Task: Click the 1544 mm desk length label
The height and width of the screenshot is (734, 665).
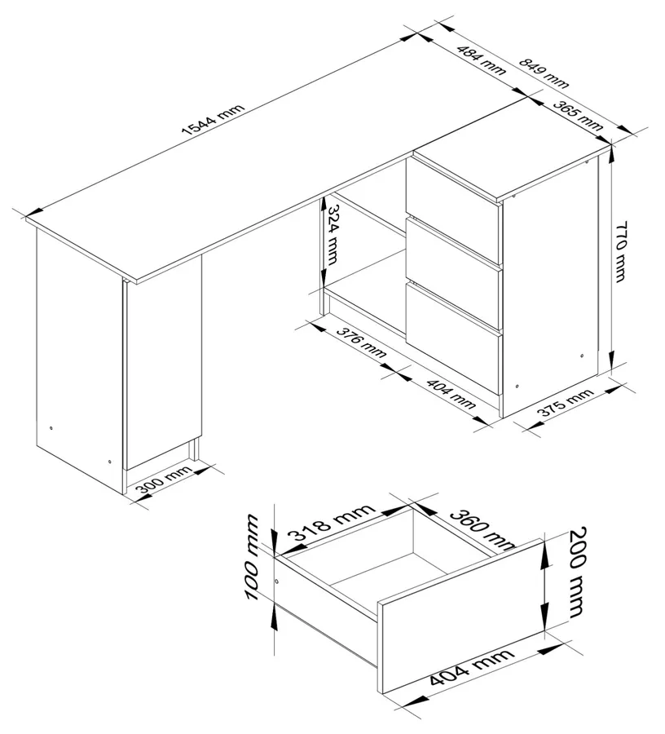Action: pos(214,119)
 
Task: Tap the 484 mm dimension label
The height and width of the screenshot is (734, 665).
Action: pos(481,60)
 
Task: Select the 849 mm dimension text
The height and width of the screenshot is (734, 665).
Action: pos(544,73)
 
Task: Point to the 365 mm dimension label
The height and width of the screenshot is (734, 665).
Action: pos(578,115)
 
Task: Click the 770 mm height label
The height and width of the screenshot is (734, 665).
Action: pos(620,252)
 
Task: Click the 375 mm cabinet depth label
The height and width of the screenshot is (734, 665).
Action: pos(565,403)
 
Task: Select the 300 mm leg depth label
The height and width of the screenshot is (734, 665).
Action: pos(164,480)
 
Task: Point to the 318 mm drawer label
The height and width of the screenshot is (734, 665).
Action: pos(331,523)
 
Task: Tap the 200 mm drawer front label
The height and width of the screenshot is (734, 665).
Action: pos(577,573)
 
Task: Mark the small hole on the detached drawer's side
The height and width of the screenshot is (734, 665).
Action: pos(276,581)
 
